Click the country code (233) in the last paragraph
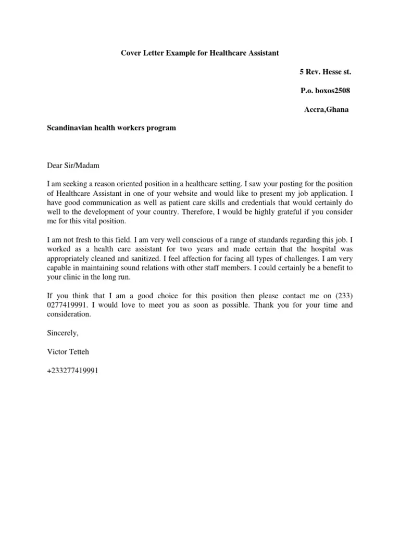tap(343, 296)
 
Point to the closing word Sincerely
tap(63, 333)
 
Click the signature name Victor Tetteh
tap(68, 352)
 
